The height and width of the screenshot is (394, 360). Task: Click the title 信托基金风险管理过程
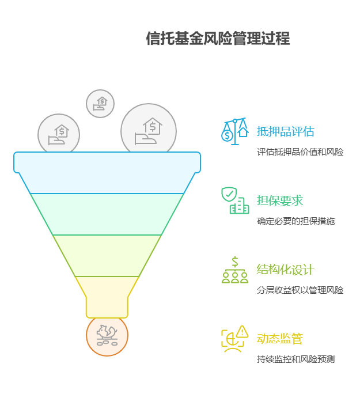(218, 39)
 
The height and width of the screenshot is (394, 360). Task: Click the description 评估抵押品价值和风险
(300, 152)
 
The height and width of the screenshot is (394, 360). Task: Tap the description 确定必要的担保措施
(295, 221)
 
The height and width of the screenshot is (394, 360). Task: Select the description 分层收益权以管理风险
(300, 290)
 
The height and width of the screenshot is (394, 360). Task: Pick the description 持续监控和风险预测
(295, 359)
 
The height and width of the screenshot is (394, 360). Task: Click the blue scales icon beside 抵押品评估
(234, 131)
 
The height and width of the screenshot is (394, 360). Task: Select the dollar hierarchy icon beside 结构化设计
(234, 270)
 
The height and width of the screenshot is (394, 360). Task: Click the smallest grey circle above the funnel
(100, 104)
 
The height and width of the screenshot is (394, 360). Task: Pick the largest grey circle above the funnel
(149, 130)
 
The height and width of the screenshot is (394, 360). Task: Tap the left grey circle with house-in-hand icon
(59, 134)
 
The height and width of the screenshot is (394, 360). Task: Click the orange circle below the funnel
(107, 336)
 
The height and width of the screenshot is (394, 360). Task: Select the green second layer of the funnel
(107, 214)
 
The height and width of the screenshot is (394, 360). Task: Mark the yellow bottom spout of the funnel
(107, 296)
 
